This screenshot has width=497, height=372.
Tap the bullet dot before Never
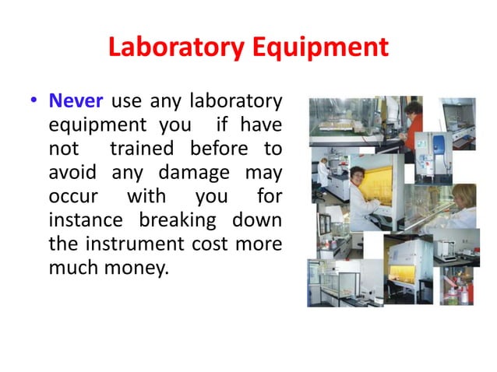[x=34, y=102]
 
